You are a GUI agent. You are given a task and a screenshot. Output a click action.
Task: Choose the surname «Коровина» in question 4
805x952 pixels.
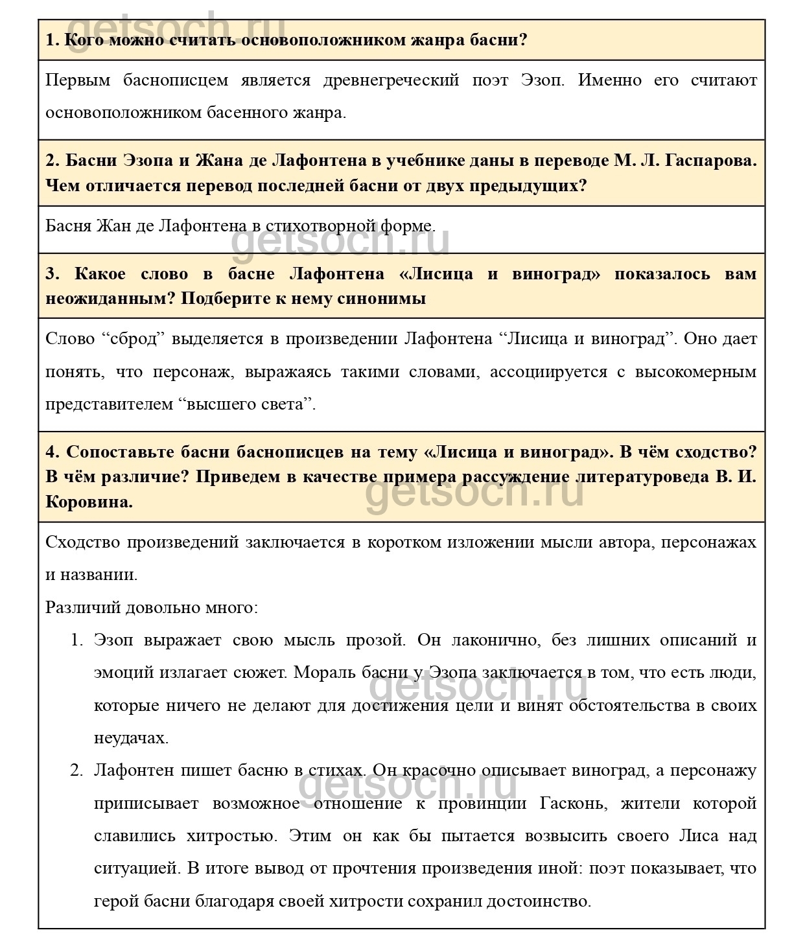pyautogui.click(x=89, y=502)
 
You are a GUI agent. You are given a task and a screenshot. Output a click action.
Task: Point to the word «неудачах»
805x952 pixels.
pyautogui.click(x=131, y=737)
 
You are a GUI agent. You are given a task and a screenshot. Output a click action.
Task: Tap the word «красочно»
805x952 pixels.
pyautogui.click(x=441, y=771)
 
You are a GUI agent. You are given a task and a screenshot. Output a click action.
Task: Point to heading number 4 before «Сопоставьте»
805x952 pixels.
pyautogui.click(x=52, y=451)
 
